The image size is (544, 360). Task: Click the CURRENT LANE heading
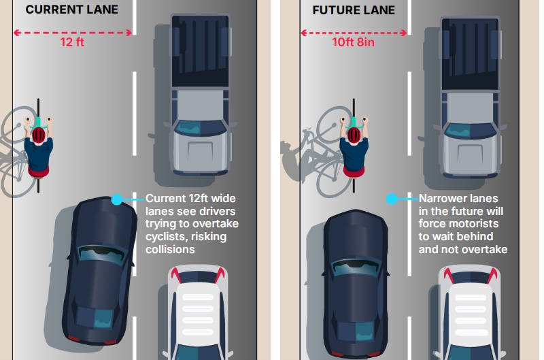click(72, 10)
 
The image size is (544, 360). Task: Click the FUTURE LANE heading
click(354, 10)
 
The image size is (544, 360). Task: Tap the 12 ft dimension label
click(72, 42)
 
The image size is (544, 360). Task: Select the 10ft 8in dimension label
click(353, 42)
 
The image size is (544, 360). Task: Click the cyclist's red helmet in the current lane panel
click(39, 135)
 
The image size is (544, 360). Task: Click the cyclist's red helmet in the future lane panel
click(354, 135)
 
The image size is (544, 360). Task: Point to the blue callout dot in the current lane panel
click(116, 199)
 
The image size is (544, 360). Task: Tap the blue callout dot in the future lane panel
click(392, 199)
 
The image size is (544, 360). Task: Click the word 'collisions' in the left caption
click(170, 249)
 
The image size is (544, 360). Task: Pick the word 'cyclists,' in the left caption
click(165, 237)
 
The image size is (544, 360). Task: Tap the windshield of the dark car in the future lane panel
click(355, 267)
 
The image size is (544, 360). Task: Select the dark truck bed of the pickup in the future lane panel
click(470, 54)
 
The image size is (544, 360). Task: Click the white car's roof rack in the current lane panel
click(198, 315)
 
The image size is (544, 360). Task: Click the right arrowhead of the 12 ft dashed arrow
click(129, 33)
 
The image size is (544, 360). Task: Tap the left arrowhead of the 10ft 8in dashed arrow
click(304, 33)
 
